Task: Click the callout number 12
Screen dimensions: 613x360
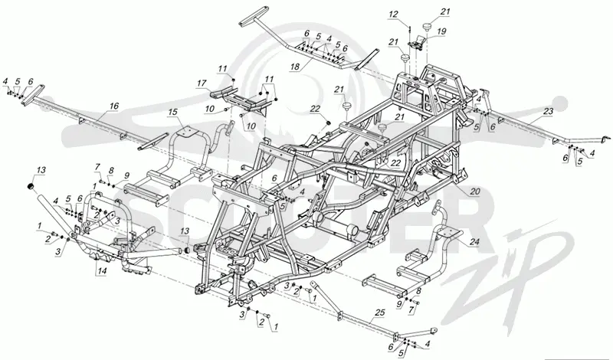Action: pos(393,15)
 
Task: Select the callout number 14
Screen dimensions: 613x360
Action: pos(102,270)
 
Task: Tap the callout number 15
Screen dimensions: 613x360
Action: pos(172,112)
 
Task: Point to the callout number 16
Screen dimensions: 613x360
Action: pos(113,106)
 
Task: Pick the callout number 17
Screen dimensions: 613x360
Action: pos(202,83)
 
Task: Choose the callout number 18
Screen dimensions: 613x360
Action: pos(294,67)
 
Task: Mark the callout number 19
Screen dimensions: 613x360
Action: pos(442,31)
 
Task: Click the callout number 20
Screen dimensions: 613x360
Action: pos(474,191)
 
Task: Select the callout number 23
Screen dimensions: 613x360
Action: pos(549,111)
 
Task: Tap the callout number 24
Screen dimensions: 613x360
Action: pos(474,242)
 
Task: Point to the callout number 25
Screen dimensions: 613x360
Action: pos(379,313)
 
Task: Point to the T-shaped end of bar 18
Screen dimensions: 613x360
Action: pos(254,16)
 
